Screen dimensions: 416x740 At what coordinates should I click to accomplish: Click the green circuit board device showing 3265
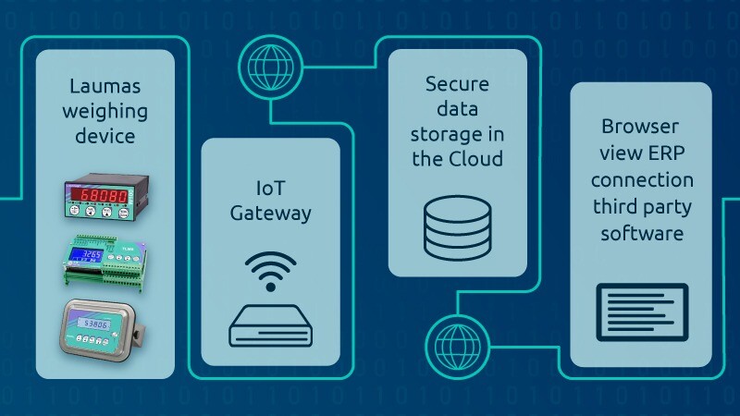[103, 261]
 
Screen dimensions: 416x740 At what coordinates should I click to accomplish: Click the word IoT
[269, 188]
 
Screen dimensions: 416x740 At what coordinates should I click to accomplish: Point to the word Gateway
[269, 213]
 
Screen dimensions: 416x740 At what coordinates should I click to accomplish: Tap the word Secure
[457, 84]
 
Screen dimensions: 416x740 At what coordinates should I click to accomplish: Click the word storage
[457, 134]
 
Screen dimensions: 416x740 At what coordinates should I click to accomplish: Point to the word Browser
[641, 126]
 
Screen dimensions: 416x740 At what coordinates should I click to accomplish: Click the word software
[641, 233]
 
